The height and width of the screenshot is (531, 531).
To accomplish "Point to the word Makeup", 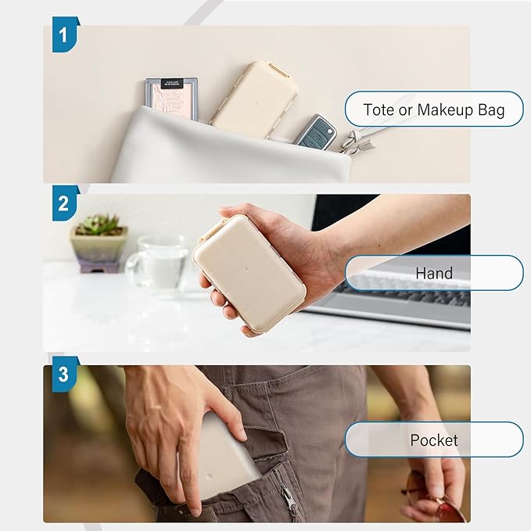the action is (x=445, y=110).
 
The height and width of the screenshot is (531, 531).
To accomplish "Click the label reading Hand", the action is (x=434, y=273).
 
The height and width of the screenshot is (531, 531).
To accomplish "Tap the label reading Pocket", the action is (x=434, y=440).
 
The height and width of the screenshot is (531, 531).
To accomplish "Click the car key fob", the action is (x=316, y=131).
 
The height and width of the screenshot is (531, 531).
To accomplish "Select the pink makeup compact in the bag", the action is (x=172, y=99).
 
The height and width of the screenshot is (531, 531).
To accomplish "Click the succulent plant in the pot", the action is (x=99, y=224).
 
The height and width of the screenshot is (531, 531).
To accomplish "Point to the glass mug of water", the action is (x=159, y=267).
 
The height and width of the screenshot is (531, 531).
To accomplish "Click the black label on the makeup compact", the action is (x=172, y=84).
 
